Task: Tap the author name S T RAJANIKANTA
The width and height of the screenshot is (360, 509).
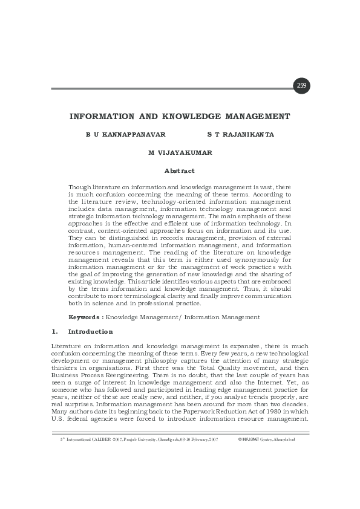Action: (240, 135)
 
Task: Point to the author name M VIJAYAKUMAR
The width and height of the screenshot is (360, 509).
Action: (180, 153)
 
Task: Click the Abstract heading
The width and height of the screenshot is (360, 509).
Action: (180, 171)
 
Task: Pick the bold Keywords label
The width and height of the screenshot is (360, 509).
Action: (85, 317)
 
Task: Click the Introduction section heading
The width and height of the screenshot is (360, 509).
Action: (91, 332)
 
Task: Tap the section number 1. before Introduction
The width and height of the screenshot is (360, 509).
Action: (55, 332)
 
